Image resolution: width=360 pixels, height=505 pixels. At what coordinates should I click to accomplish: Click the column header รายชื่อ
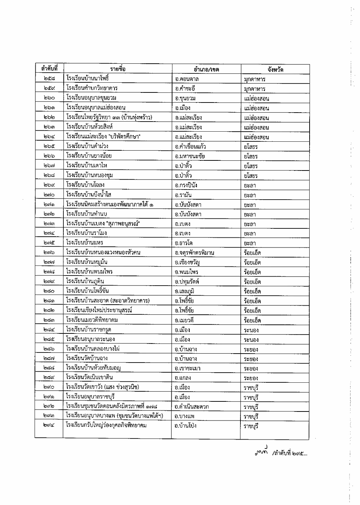(118, 69)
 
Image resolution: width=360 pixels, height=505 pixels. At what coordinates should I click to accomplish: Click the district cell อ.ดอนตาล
(187, 79)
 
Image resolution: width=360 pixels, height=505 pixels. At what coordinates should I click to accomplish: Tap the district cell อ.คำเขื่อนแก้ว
(190, 146)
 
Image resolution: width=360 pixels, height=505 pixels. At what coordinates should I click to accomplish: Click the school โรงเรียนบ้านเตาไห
(87, 165)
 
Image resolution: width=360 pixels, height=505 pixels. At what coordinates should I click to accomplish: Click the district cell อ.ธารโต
(184, 243)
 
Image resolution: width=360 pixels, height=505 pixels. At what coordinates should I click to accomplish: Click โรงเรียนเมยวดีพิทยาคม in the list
(92, 320)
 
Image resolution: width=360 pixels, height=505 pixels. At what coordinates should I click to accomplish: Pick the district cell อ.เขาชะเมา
(188, 368)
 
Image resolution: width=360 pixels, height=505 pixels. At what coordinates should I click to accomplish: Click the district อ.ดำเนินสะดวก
(192, 407)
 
